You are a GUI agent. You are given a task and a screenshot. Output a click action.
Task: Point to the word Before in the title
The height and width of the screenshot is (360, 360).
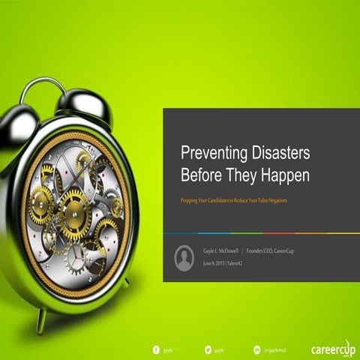202,175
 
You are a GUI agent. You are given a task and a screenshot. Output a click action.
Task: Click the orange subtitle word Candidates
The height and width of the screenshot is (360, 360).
228,202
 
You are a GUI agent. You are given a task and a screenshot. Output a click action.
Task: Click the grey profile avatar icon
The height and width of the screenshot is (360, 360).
184,259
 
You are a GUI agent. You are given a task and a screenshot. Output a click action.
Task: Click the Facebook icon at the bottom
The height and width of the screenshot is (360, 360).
157,349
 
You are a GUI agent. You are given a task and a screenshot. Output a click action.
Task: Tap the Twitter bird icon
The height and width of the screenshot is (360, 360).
207,349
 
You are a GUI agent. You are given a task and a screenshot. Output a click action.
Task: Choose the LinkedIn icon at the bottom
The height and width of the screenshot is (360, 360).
256,349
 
